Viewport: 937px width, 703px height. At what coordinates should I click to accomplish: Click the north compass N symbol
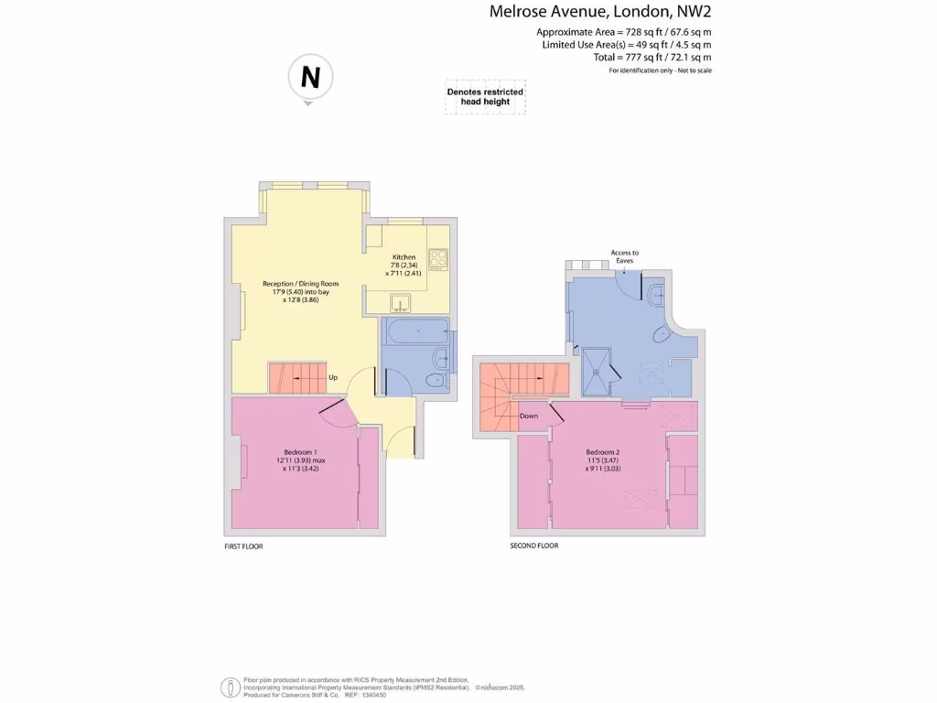click(x=310, y=78)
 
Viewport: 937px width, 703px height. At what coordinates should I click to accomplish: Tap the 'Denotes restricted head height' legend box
click(x=485, y=97)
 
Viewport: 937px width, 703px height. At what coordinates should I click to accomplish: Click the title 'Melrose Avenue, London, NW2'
click(x=600, y=12)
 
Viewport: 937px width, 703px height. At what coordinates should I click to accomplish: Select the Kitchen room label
click(x=404, y=257)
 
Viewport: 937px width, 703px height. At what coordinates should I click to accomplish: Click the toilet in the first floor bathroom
click(x=436, y=379)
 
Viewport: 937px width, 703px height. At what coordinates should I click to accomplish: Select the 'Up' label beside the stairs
click(x=333, y=377)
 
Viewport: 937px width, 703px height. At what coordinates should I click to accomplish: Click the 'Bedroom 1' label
click(x=302, y=451)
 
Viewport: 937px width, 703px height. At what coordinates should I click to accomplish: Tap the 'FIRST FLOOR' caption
click(x=243, y=546)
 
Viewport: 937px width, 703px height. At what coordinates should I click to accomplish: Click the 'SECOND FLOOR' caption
click(x=534, y=546)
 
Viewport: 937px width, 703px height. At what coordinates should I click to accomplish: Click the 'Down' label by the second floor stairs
click(x=529, y=416)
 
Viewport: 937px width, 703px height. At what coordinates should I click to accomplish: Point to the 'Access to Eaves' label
click(x=625, y=256)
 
